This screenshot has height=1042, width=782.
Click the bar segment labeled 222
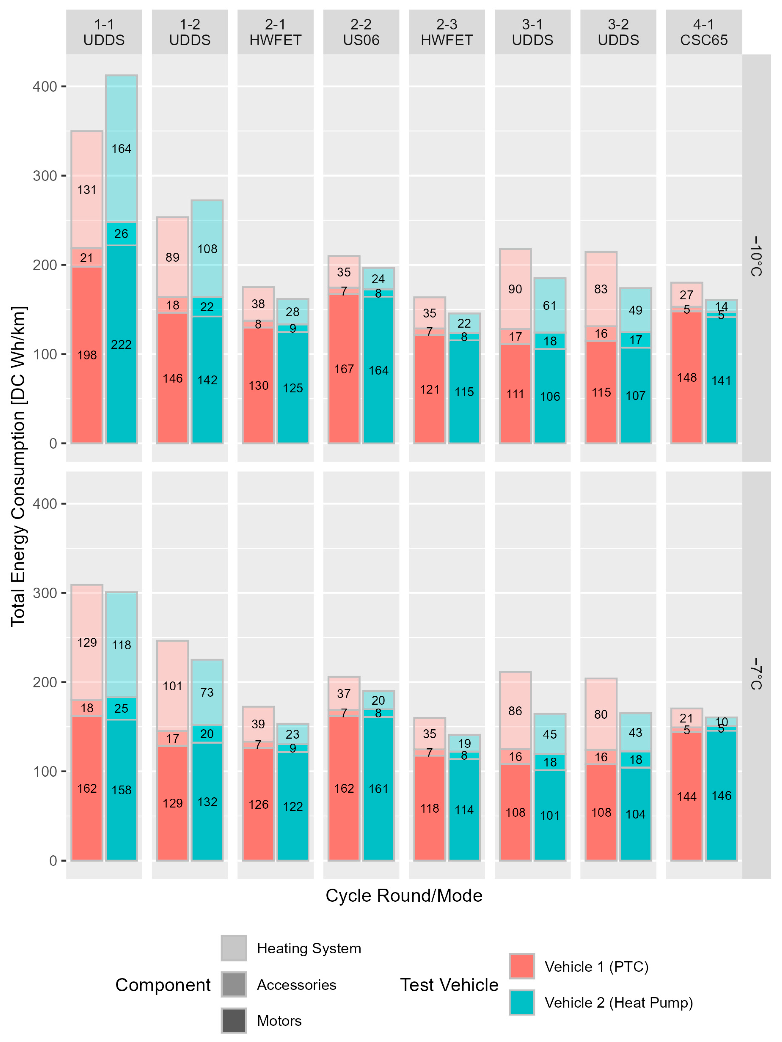click(121, 344)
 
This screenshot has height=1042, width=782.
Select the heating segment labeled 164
click(121, 149)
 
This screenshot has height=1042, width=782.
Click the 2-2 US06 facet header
click(361, 32)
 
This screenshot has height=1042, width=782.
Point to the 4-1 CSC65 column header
click(704, 32)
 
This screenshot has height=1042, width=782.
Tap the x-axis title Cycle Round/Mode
click(404, 895)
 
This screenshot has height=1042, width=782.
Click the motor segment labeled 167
click(344, 369)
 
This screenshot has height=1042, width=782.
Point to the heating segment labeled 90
click(515, 289)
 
